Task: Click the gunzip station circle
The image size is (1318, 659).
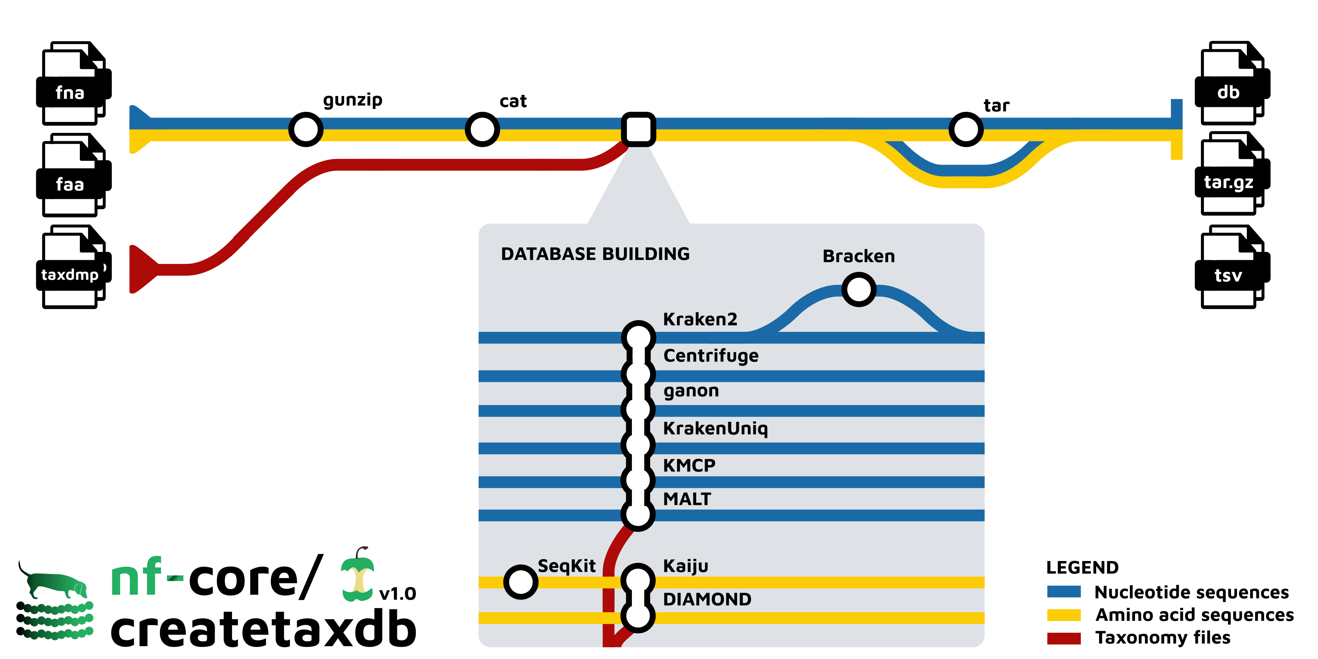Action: pos(305,130)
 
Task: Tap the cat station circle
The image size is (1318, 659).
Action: pos(482,130)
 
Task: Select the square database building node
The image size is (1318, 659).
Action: pos(638,130)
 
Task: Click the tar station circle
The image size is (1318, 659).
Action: pos(966,130)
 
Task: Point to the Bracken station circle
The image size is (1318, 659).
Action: pos(859,290)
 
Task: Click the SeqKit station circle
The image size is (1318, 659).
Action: pos(520,582)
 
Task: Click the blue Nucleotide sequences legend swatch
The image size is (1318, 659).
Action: pos(1064,592)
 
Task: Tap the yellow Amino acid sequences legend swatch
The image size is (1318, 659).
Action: pos(1064,615)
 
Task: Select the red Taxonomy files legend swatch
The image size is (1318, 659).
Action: pos(1064,638)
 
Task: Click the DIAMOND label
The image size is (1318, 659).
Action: pos(707,599)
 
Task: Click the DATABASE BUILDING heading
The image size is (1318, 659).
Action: pos(595,254)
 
